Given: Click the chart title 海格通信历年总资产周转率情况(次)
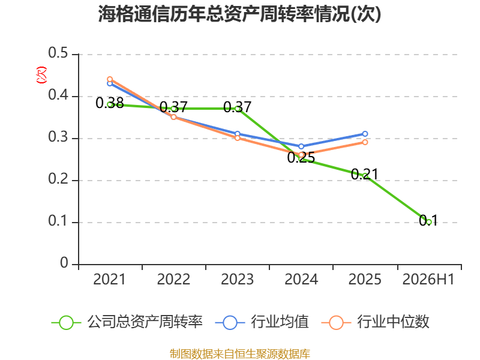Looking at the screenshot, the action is coord(239,14).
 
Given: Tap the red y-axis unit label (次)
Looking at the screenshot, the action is coord(41,75).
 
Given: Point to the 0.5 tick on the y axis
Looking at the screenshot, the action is coord(58,53).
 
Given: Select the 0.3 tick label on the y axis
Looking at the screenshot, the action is coord(58,137).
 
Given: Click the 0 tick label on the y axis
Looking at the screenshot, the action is coord(64,263).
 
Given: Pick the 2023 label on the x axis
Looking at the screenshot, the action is coord(237,279).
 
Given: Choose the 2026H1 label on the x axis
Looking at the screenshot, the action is coord(428,279).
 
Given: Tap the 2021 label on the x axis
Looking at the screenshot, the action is coord(109,279).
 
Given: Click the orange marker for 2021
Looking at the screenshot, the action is coord(110,79).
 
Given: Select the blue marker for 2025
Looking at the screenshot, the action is coord(365,134).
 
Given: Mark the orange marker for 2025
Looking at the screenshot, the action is coord(365,142).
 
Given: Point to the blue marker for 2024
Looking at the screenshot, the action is coord(301,146).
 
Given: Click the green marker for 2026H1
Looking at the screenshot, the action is coord(429,222).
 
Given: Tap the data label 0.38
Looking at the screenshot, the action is coord(110,103).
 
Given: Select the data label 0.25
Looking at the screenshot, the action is coord(301,157).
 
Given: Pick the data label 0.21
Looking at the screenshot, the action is coord(365,174).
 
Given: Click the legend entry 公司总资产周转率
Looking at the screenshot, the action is coord(127,322).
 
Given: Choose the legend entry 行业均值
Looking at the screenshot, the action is coord(262,322).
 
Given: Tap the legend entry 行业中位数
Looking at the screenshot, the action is coord(376,322).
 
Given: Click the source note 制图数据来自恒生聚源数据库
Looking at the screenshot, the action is coord(239,354).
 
